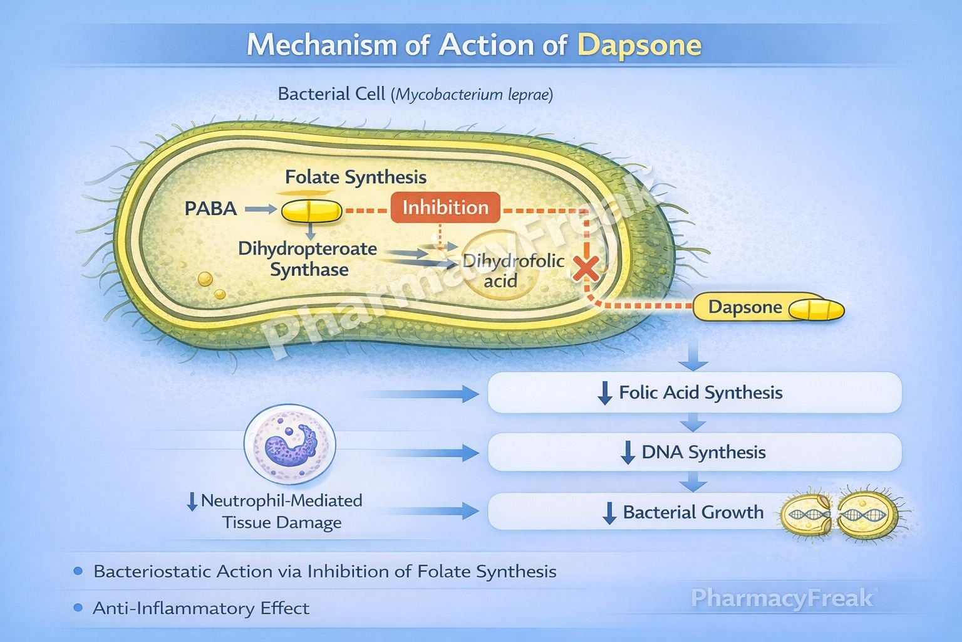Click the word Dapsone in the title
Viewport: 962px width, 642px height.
point(639,45)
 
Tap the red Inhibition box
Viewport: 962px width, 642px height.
point(445,208)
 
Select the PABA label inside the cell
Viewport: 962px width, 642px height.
point(210,209)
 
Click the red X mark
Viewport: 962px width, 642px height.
point(586,269)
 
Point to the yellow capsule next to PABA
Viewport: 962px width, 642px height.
point(311,211)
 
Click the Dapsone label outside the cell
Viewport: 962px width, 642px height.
point(745,307)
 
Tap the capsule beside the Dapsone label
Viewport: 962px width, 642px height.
point(816,310)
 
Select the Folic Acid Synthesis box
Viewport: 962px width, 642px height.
point(694,393)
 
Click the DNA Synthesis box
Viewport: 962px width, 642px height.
point(694,452)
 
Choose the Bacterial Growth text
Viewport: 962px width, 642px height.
point(693,512)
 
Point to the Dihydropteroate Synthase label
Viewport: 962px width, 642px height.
point(308,259)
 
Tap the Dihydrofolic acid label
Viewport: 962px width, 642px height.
point(513,270)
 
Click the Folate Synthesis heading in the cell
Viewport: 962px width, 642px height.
point(356,177)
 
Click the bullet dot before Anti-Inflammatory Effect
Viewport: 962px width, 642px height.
point(78,608)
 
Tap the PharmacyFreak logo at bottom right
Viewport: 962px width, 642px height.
point(782,598)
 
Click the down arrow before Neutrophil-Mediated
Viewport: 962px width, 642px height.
point(192,502)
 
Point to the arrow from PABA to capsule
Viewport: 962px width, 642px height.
point(260,209)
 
